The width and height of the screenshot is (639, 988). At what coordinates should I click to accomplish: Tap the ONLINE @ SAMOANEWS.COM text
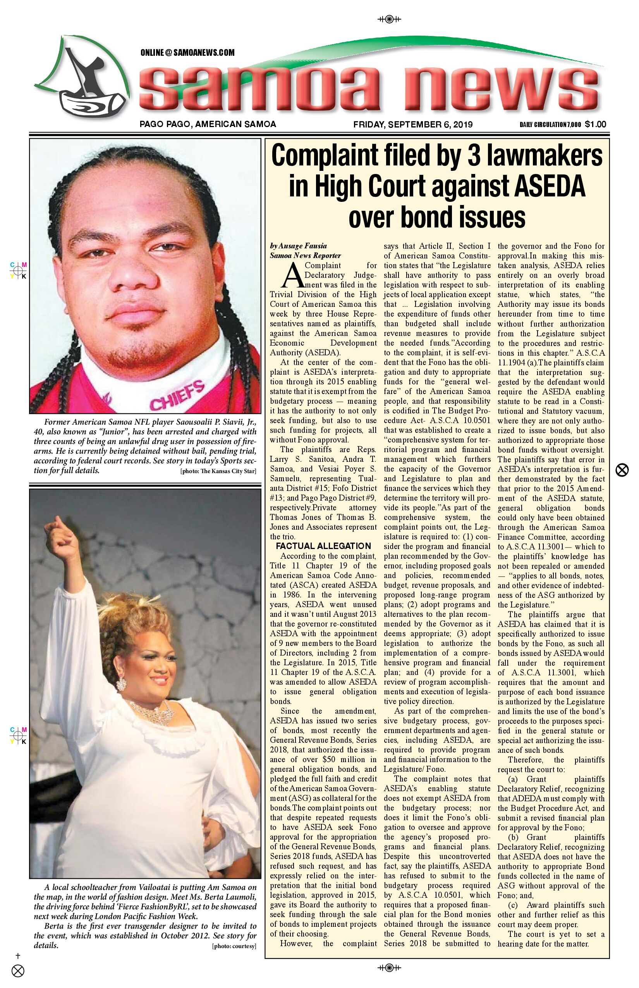point(187,53)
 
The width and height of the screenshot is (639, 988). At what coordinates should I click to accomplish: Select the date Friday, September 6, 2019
point(413,124)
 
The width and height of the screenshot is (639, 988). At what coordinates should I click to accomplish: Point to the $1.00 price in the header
point(596,124)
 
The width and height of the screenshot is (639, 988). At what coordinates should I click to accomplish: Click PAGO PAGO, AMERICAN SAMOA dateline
point(208,124)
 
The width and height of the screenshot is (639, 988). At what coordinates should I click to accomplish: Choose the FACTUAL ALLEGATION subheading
point(323,546)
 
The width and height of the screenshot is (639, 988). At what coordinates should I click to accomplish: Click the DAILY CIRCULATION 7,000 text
point(550,124)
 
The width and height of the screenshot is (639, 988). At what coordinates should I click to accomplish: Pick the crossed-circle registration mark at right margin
point(622,470)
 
